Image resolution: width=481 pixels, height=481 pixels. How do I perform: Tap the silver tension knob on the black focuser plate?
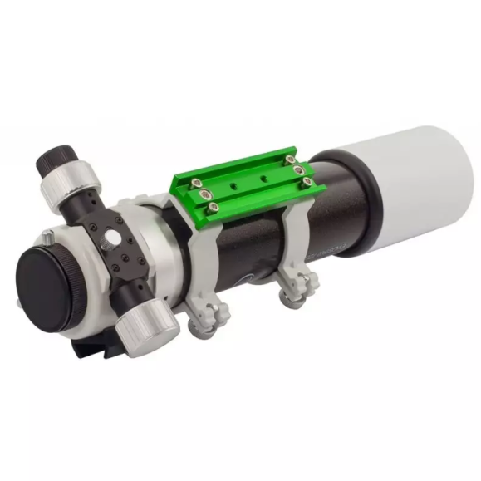click(x=110, y=239)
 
